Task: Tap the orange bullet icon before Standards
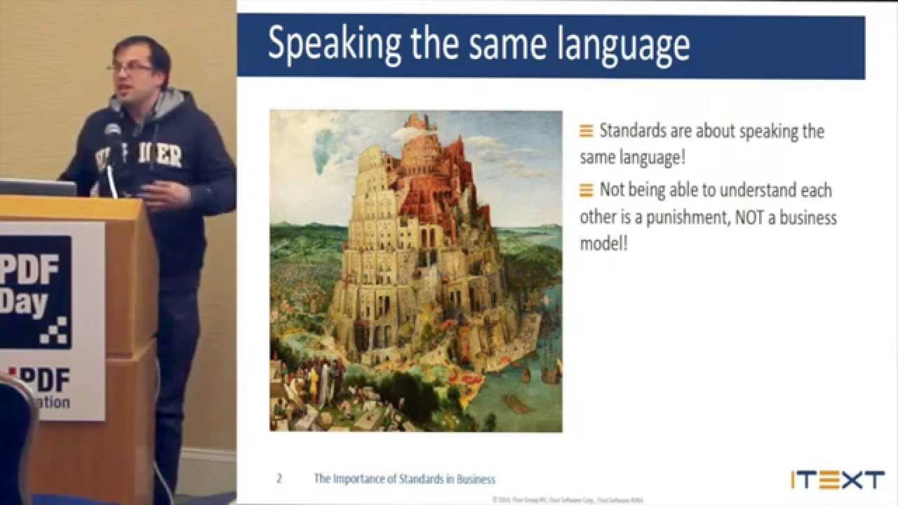[x=587, y=131]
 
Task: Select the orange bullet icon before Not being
[x=587, y=190]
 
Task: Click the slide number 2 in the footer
[x=279, y=479]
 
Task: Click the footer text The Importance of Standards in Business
[x=404, y=479]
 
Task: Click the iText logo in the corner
[x=837, y=480]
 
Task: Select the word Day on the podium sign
[x=25, y=303]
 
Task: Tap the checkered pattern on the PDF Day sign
[x=55, y=330]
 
